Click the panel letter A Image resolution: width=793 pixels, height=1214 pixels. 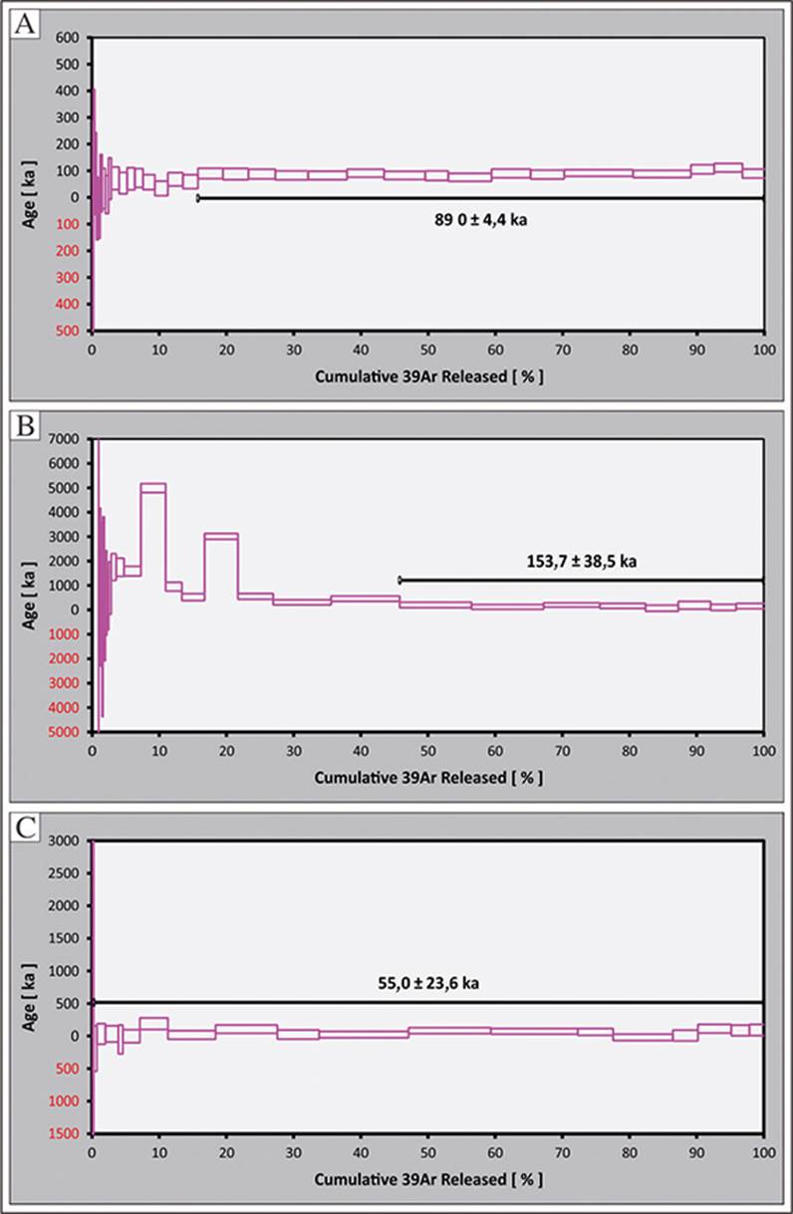tap(24, 25)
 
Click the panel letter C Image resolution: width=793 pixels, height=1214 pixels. tap(24, 827)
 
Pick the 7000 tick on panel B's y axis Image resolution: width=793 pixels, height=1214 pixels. tap(67, 439)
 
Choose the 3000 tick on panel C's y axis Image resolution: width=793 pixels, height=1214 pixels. tap(67, 841)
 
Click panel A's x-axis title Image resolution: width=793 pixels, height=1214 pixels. tap(428, 377)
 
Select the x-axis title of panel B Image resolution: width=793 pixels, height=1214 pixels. tap(428, 778)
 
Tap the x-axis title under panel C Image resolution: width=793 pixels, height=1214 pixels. tap(428, 1179)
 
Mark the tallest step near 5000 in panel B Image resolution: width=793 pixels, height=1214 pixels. tap(153, 488)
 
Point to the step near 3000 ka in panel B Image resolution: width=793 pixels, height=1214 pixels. tap(221, 536)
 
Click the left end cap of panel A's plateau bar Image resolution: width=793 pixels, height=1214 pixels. tap(198, 198)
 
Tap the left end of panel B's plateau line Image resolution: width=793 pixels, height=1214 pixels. tap(399, 580)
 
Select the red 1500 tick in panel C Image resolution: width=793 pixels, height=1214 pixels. tap(67, 1133)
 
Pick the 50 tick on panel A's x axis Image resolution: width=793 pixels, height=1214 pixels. tap(427, 350)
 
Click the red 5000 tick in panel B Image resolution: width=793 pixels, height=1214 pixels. tap(67, 732)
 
